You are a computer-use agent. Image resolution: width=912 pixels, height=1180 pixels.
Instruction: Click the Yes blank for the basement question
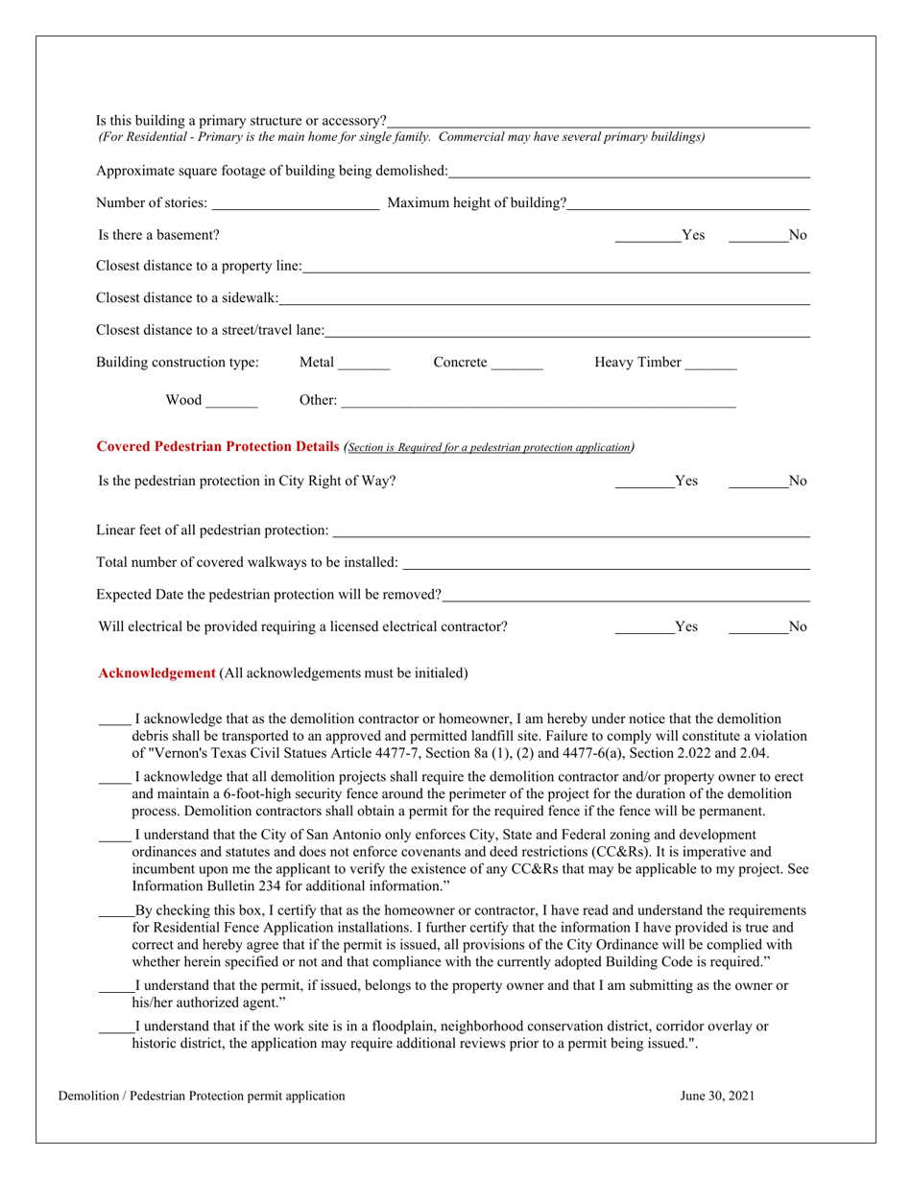pyautogui.click(x=647, y=236)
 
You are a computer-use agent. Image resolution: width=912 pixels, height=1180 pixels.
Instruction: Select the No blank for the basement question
pyautogui.click(x=757, y=236)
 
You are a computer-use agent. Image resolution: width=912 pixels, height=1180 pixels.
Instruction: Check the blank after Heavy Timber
pyautogui.click(x=711, y=364)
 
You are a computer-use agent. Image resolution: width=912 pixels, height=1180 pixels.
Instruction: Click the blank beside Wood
pyautogui.click(x=231, y=401)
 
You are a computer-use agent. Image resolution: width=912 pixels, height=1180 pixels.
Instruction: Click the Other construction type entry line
pyautogui.click(x=538, y=401)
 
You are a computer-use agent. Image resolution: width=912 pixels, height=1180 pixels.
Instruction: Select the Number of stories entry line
pyautogui.click(x=295, y=203)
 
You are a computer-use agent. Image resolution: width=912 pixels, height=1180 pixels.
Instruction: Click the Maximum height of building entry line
pyautogui.click(x=688, y=203)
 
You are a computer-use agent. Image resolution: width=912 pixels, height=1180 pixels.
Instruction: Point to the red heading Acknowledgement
pyautogui.click(x=157, y=673)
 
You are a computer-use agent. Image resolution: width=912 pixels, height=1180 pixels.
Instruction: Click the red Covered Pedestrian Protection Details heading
pyautogui.click(x=218, y=447)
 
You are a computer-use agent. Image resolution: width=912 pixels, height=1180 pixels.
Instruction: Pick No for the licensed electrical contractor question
pyautogui.click(x=757, y=628)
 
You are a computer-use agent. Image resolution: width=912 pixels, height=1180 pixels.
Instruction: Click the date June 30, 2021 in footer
pyautogui.click(x=717, y=1096)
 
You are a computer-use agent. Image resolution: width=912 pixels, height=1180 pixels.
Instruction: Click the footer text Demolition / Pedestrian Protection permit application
pyautogui.click(x=202, y=1096)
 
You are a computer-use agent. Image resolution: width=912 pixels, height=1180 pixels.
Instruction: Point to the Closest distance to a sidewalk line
pyautogui.click(x=544, y=299)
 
